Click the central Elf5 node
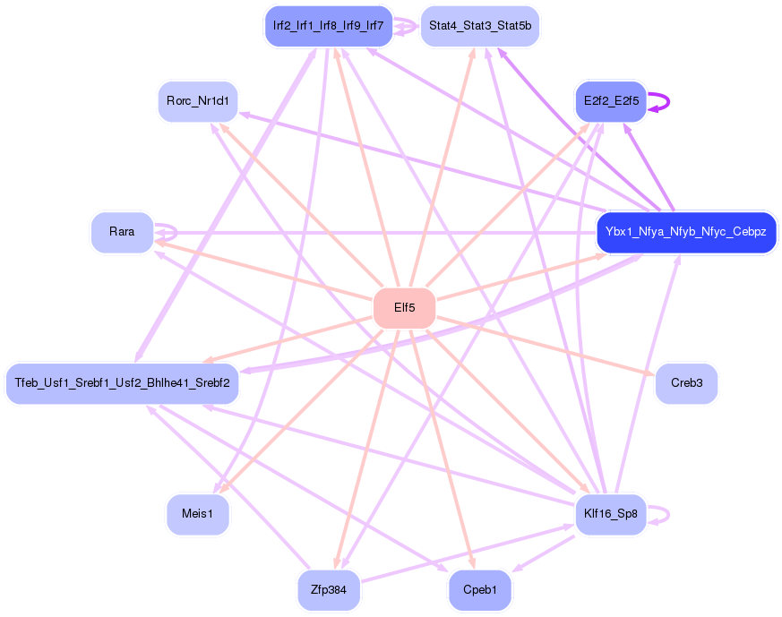pyautogui.click(x=404, y=308)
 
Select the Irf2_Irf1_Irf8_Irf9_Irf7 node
pyautogui.click(x=328, y=26)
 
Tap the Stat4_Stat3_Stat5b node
pyautogui.click(x=479, y=26)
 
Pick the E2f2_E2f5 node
pyautogui.click(x=610, y=101)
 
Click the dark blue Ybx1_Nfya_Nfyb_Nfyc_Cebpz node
pyautogui.click(x=685, y=232)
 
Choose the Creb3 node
pyautogui.click(x=686, y=383)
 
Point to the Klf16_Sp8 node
pyautogui.click(x=610, y=514)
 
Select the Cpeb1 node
pyautogui.click(x=479, y=590)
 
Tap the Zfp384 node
pyautogui.click(x=329, y=590)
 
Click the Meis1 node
pyautogui.click(x=197, y=514)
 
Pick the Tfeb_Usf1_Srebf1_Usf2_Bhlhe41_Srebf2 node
pyautogui.click(x=122, y=383)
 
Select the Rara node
pyautogui.click(x=122, y=232)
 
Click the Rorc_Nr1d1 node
pyautogui.click(x=197, y=101)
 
